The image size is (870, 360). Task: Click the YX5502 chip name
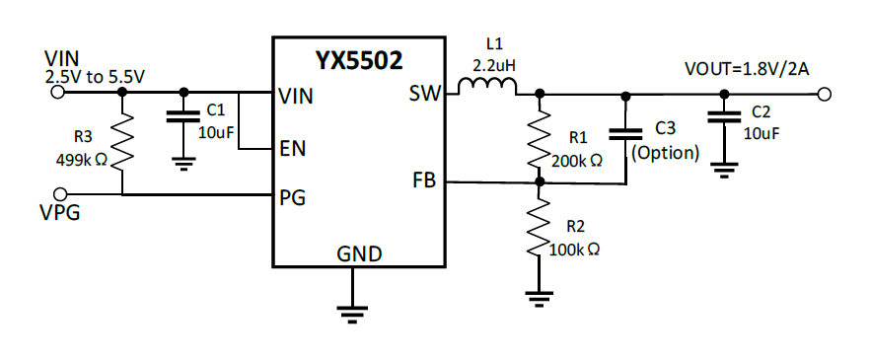pos(358,61)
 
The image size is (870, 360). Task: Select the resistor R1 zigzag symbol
pos(539,138)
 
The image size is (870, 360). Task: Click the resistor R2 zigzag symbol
pos(539,228)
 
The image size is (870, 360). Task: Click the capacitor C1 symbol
pos(181,117)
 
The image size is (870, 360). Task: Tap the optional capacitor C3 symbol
pos(623,133)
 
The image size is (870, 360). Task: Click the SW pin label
pos(423,95)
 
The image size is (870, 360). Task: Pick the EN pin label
pos(292,149)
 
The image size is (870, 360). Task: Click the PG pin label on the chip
pos(292,196)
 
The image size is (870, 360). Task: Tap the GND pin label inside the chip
pos(358,253)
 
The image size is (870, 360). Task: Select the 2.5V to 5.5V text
pos(97,75)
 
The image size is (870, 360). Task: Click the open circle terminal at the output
pos(825,95)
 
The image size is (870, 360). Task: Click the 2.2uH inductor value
pos(494,64)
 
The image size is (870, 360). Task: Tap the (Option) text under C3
pos(666,153)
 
